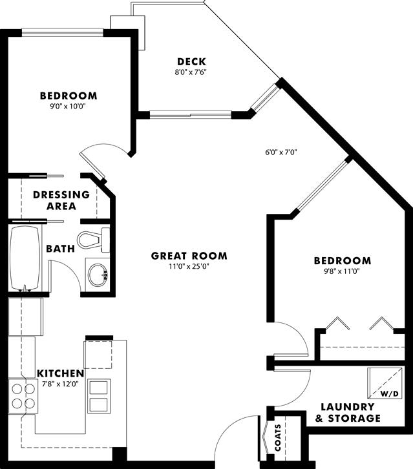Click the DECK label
coord(191,61)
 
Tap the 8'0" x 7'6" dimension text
coord(191,72)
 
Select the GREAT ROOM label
coord(189,256)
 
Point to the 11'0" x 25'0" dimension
coord(189,266)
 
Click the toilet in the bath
coord(94,240)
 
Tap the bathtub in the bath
coord(25,258)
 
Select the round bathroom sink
coord(98,275)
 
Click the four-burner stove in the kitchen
coord(23,396)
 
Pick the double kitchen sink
coord(98,396)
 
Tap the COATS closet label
coord(278,437)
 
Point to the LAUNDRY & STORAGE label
coord(348,412)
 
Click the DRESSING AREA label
coord(61,200)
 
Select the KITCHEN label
coord(61,373)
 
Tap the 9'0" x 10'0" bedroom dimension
coord(69,107)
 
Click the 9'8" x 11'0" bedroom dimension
coord(343,271)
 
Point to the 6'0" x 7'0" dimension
coord(281,152)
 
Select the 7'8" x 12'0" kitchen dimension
coord(61,384)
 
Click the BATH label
coord(61,249)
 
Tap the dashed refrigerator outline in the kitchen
coord(98,355)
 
